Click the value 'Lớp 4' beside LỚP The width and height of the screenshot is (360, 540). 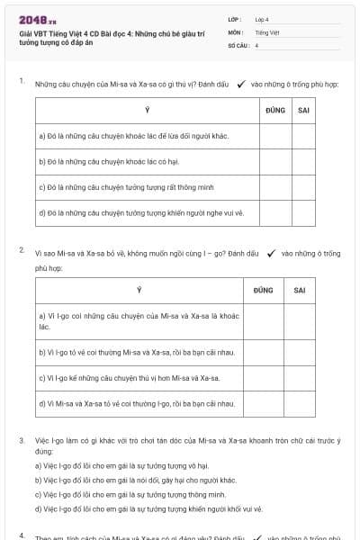262,19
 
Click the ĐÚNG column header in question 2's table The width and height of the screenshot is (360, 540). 264,290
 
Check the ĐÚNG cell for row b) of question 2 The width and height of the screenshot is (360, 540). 264,352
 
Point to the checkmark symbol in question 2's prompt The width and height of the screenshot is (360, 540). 271,253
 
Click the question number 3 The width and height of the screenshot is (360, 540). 22,440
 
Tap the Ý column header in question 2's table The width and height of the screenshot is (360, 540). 139,290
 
